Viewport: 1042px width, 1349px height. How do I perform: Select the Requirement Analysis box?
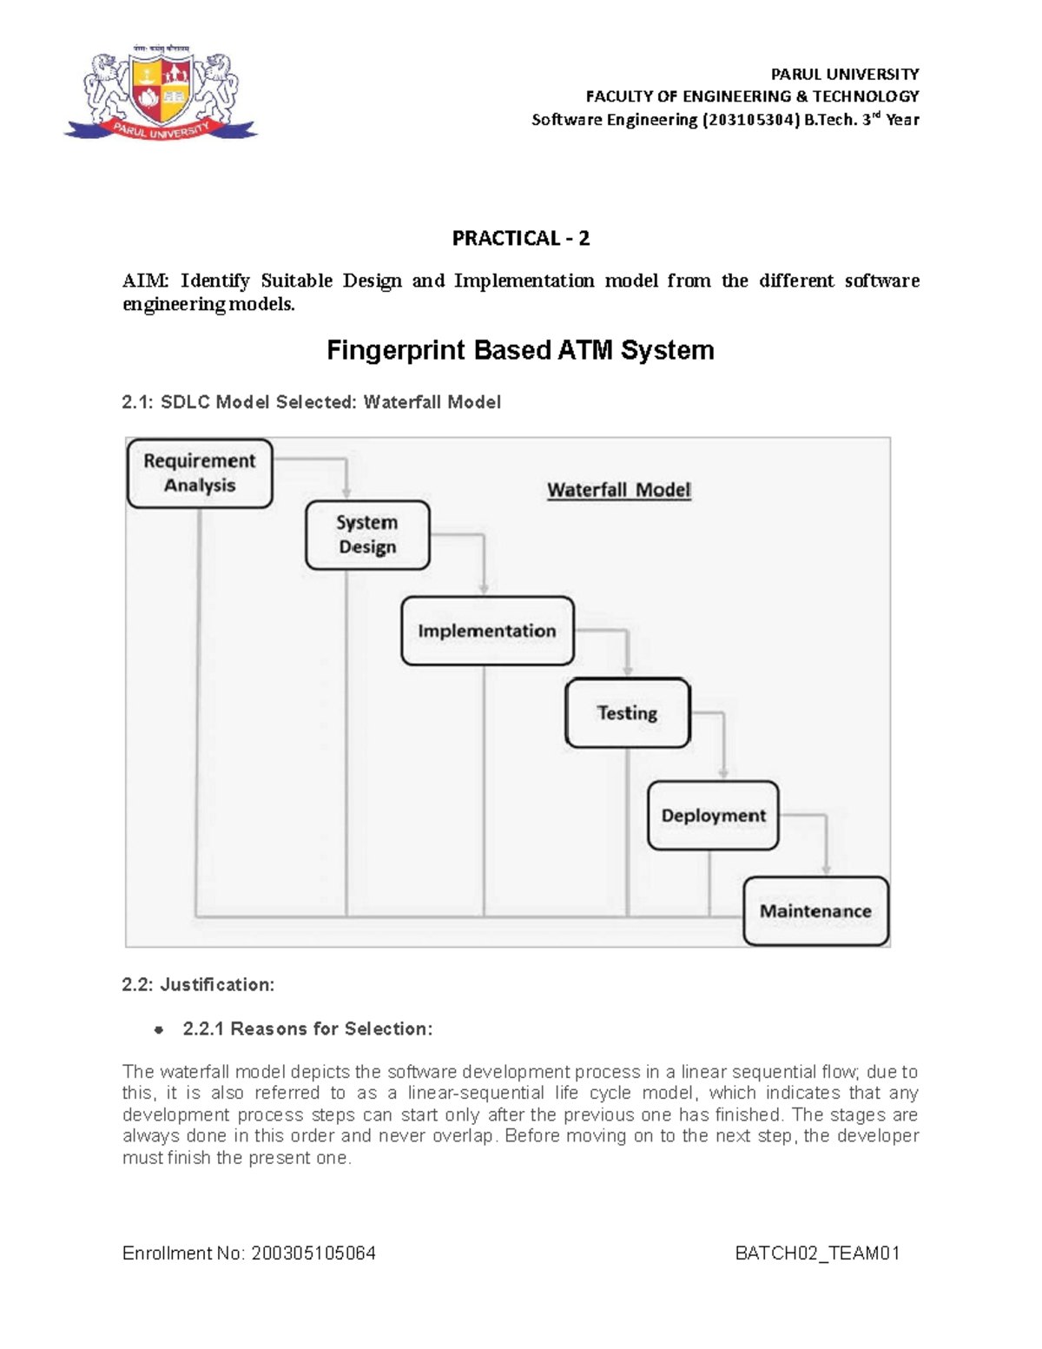200,473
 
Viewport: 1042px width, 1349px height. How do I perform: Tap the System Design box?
367,535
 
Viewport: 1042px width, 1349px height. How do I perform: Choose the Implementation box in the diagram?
487,631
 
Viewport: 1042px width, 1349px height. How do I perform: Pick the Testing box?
627,713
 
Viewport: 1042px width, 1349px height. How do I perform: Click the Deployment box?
713,816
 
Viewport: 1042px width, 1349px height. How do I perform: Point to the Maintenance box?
815,911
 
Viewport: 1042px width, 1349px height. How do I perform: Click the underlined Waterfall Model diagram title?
618,490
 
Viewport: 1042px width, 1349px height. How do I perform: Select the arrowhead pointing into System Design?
346,493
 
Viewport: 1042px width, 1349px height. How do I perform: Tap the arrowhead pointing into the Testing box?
628,671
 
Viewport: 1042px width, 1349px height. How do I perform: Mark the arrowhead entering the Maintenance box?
826,870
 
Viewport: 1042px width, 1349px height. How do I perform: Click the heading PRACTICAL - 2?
520,238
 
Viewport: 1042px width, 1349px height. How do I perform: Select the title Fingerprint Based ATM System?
520,350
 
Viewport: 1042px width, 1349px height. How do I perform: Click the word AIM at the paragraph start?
146,281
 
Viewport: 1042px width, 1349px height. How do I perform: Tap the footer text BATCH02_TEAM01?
817,1253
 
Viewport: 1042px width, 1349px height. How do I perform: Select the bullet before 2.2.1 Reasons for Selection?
158,1030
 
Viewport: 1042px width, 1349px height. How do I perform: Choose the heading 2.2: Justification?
198,984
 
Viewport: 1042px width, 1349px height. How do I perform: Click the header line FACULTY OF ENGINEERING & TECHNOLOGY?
752,96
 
